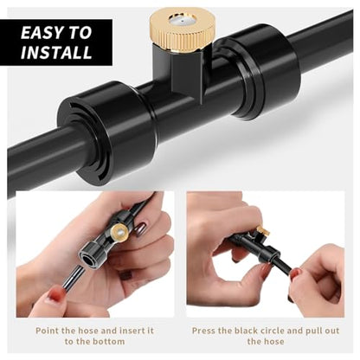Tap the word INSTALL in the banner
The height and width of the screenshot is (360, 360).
56,52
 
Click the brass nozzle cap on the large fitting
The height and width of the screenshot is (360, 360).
182,31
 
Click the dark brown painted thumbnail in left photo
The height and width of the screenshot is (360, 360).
142,229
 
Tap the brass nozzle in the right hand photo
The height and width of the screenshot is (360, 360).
263,232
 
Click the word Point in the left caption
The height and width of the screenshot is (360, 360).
47,331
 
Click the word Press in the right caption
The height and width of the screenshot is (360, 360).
203,331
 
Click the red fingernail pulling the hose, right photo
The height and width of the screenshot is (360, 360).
295,273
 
